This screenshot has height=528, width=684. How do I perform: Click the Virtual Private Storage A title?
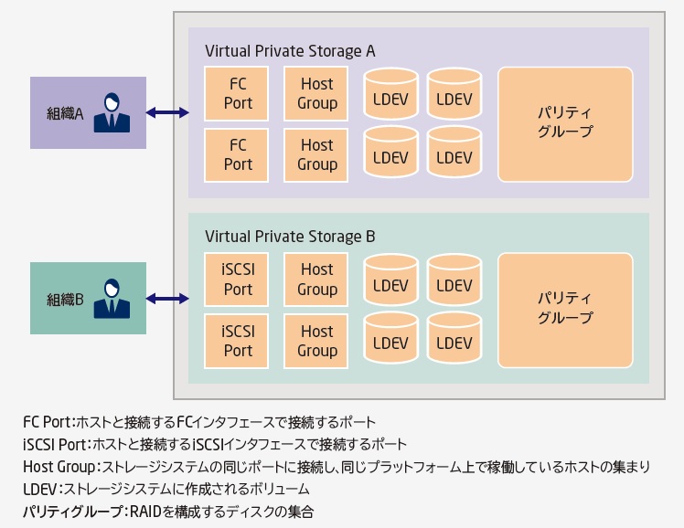pyautogui.click(x=290, y=50)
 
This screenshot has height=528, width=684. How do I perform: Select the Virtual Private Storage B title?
pyautogui.click(x=290, y=237)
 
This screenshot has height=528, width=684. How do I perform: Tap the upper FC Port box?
pyautogui.click(x=238, y=93)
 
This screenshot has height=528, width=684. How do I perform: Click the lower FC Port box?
pyautogui.click(x=238, y=154)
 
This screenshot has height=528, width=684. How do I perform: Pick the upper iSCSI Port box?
pyautogui.click(x=238, y=280)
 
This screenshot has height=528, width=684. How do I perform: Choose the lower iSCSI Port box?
pyautogui.click(x=238, y=341)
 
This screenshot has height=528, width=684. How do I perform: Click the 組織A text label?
pyautogui.click(x=65, y=114)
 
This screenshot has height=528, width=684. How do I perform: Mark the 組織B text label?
pyautogui.click(x=65, y=300)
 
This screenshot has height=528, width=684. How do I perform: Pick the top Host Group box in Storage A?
pyautogui.click(x=316, y=93)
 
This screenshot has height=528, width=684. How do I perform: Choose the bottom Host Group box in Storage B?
pyautogui.click(x=316, y=341)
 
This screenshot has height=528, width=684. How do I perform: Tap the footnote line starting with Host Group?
pyautogui.click(x=336, y=468)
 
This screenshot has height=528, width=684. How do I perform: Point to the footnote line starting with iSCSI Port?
pyautogui.click(x=215, y=445)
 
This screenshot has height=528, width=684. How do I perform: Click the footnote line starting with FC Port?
pyautogui.click(x=199, y=422)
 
